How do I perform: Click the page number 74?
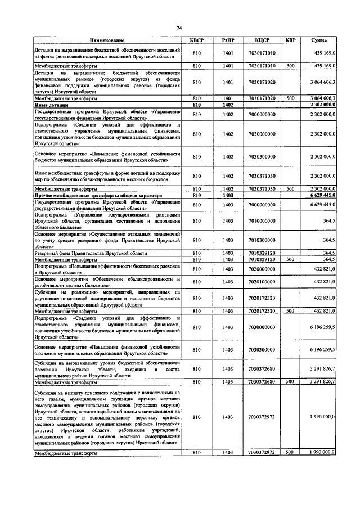pos(179,28)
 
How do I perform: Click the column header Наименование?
pos(107,41)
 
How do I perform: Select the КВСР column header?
pos(197,41)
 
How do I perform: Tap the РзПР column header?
pos(228,41)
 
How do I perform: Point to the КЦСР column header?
pos(263,41)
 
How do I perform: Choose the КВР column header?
pos(290,41)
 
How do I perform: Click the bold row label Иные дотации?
pos(51,105)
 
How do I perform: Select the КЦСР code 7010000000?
pos(263,220)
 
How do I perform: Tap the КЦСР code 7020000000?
pos(263,269)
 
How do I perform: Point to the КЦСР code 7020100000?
pos(263,281)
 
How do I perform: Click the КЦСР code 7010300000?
pos(263,240)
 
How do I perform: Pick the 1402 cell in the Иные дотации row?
pos(228,105)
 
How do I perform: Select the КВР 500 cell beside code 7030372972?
pos(290,452)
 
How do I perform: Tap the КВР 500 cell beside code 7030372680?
pos(290,381)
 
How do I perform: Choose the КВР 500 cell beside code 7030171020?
pos(290,98)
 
